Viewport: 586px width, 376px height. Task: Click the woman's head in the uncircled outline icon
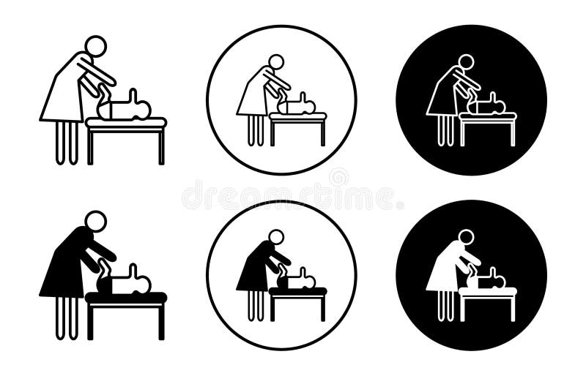coord(95,45)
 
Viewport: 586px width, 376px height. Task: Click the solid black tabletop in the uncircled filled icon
coord(125,297)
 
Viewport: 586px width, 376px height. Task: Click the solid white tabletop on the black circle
coord(488,291)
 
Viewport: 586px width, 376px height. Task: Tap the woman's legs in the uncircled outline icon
coord(67,143)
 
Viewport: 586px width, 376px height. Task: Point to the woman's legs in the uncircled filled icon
coord(67,318)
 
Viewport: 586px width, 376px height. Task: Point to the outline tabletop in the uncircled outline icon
coord(126,122)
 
